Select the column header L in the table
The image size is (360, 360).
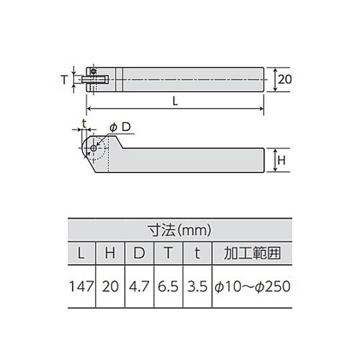click(x=81, y=254)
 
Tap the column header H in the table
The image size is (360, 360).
click(x=110, y=254)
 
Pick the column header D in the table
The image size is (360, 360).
click(x=138, y=254)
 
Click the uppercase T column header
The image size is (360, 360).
click(x=167, y=254)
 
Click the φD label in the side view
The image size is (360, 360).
click(x=120, y=127)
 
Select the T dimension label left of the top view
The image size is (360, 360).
click(x=63, y=80)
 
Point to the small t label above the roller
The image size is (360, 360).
click(x=84, y=123)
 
